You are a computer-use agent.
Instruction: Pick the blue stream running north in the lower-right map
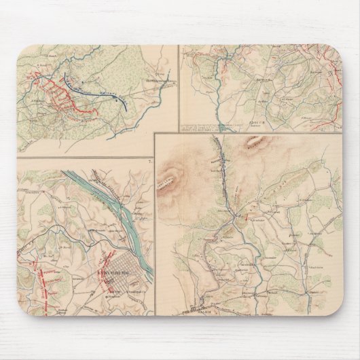pos(221,170)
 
